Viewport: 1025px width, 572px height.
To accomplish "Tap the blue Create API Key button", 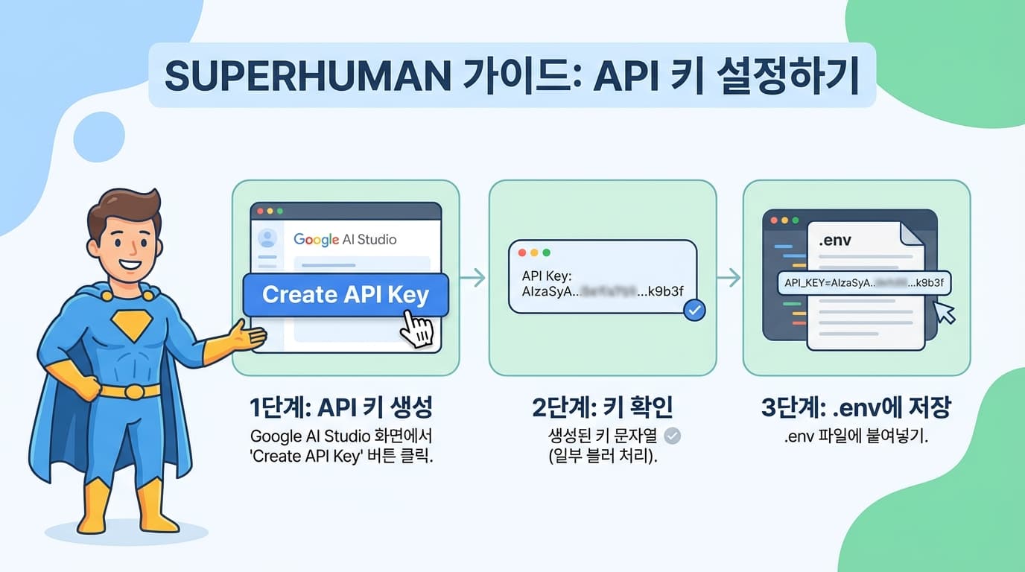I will click(x=346, y=294).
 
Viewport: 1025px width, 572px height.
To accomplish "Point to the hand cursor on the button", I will click(x=417, y=328).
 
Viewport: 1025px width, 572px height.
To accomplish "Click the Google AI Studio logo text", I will click(x=345, y=239).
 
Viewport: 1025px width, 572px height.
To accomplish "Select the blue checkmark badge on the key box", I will click(x=694, y=310).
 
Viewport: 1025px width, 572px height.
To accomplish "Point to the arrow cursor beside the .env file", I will click(x=945, y=312).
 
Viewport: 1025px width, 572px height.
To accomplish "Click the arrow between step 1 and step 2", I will click(x=474, y=279).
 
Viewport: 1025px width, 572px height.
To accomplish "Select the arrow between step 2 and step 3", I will click(x=729, y=279).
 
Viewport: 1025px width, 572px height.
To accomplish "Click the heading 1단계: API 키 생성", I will click(x=341, y=409).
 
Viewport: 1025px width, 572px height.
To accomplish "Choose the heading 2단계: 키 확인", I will click(x=603, y=409).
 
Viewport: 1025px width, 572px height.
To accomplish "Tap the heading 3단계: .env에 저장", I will click(x=856, y=409).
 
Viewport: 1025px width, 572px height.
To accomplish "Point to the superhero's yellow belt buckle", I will click(x=133, y=391).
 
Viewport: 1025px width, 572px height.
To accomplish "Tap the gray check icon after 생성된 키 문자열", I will click(x=672, y=436).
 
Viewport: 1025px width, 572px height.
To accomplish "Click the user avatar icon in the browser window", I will click(x=267, y=238).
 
